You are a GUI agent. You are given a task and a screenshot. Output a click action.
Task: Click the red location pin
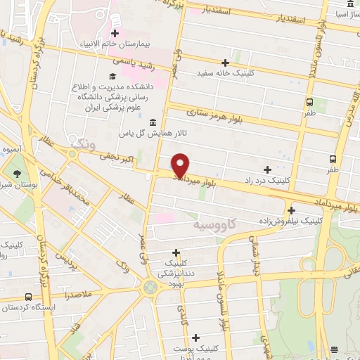click(181, 165)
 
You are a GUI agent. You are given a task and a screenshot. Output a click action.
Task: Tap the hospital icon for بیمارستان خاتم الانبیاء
click(115, 33)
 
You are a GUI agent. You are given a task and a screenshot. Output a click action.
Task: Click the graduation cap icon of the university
click(112, 76)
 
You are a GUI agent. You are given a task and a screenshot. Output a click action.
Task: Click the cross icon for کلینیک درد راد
click(267, 169)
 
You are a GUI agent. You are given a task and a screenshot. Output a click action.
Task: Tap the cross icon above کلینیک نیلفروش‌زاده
click(291, 210)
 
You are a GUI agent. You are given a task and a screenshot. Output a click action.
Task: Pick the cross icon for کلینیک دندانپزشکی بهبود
click(176, 252)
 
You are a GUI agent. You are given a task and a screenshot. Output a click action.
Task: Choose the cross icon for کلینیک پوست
click(195, 337)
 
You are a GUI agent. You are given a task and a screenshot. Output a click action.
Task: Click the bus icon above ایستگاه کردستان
click(27, 297)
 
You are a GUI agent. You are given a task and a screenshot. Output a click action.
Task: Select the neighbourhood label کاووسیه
click(210, 225)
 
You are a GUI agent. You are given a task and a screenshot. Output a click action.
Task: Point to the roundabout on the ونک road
click(149, 286)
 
